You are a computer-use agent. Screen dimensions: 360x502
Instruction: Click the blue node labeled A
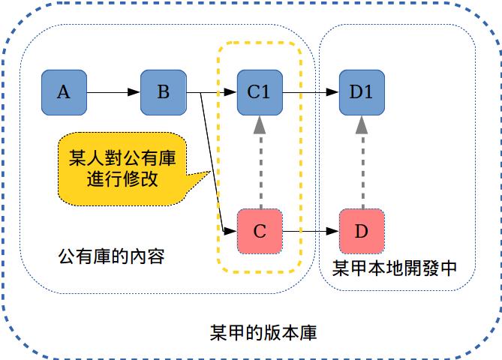(x=64, y=93)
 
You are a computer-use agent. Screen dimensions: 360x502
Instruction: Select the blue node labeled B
(x=163, y=93)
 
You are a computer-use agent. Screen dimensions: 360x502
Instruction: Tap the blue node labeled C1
(x=259, y=93)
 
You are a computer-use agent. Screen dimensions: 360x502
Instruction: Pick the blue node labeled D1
(x=361, y=93)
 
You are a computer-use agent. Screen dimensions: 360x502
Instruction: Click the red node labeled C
(x=259, y=231)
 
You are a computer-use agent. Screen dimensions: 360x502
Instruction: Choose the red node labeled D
(x=361, y=231)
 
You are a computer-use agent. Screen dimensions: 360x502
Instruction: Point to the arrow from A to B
(x=113, y=93)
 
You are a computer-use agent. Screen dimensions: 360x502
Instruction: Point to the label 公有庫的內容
(x=111, y=257)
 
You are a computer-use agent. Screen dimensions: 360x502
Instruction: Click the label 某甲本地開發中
(x=394, y=268)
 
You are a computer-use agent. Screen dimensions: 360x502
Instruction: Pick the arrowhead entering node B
(x=134, y=93)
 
